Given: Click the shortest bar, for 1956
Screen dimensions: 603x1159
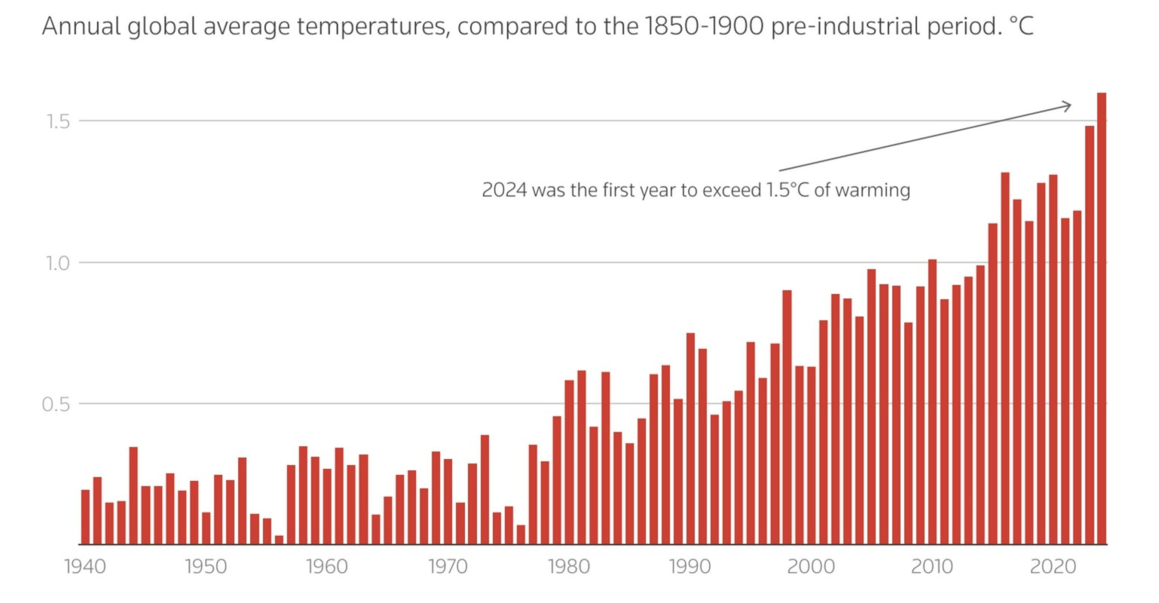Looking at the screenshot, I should pos(279,540).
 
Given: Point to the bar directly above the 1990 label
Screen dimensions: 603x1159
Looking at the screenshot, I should pos(690,438).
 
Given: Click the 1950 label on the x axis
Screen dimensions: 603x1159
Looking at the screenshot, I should pos(206,566).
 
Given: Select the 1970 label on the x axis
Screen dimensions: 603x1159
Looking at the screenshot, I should pos(448,566).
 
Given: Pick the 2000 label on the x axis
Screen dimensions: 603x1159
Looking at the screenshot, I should pos(811,566).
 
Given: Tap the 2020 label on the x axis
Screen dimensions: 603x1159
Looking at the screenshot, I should pos(1053,566).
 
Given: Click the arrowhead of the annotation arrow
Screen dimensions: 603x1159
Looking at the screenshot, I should pos(1069,106).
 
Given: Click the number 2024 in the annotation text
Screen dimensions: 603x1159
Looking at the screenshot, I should pos(504,190).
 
